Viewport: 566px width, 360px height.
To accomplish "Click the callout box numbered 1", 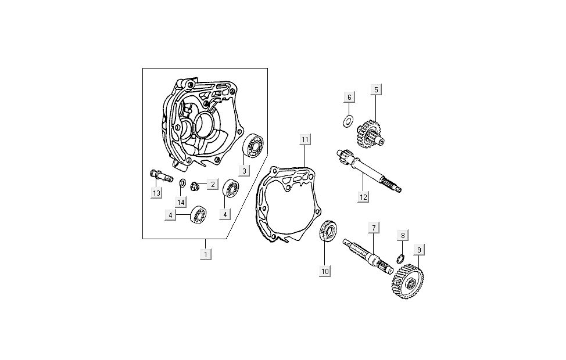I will coord(205,254).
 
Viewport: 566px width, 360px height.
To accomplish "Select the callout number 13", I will coord(156,193).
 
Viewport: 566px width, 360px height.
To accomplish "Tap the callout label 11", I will coord(305,139).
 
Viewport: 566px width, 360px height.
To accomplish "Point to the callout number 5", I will coord(376,89).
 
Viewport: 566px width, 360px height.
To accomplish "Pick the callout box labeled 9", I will coord(418,250).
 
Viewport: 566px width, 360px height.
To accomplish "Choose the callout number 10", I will coord(325,271).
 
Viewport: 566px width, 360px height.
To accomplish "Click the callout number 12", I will coord(363,196).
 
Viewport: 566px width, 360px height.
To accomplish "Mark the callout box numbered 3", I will coord(245,171).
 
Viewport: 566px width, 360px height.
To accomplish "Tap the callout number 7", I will coord(373,228).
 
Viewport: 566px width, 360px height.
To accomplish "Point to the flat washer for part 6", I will coord(349,121).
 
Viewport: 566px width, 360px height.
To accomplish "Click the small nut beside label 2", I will coord(196,186).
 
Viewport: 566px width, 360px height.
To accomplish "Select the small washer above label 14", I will coord(182,184).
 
